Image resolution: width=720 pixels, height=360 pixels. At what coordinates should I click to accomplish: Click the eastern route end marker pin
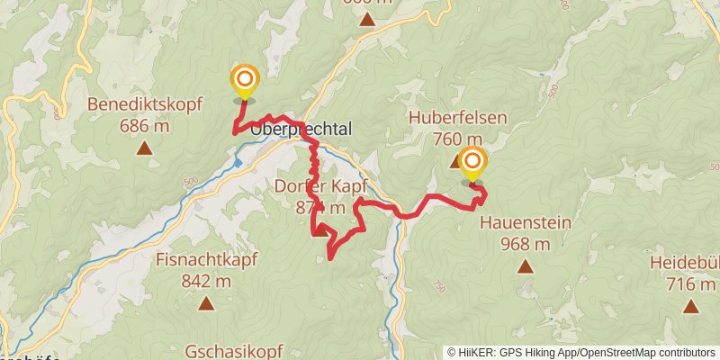pyautogui.click(x=472, y=164)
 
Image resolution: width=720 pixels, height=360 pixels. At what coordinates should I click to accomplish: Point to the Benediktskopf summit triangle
pyautogui.click(x=144, y=149)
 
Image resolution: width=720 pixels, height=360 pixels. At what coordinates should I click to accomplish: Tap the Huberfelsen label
pyautogui.click(x=457, y=118)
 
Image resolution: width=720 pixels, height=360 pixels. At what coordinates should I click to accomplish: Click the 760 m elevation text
pyautogui.click(x=457, y=139)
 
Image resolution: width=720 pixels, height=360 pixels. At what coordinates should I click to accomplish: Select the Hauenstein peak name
pyautogui.click(x=526, y=222)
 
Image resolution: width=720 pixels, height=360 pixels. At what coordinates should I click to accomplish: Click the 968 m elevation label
pyautogui.click(x=526, y=244)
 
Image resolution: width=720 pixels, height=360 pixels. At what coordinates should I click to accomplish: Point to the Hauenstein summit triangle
pyautogui.click(x=526, y=266)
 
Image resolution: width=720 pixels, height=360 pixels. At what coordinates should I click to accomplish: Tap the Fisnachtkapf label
pyautogui.click(x=207, y=260)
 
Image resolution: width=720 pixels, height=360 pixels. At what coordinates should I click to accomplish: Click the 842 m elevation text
pyautogui.click(x=207, y=281)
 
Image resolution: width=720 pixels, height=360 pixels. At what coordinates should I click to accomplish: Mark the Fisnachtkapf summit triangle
pyautogui.click(x=207, y=304)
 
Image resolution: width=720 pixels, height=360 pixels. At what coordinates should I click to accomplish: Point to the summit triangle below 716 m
pyautogui.click(x=690, y=306)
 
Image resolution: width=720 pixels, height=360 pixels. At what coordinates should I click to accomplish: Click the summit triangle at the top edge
pyautogui.click(x=367, y=18)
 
